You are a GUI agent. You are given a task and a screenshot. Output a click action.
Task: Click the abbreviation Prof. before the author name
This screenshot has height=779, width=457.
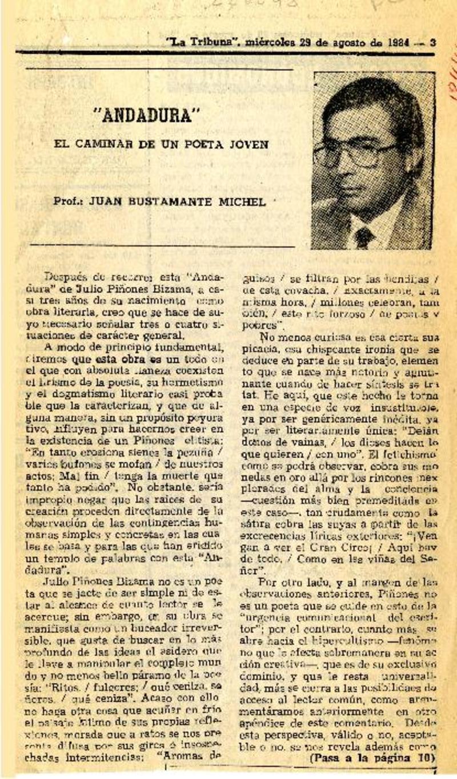coord(66,201)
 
